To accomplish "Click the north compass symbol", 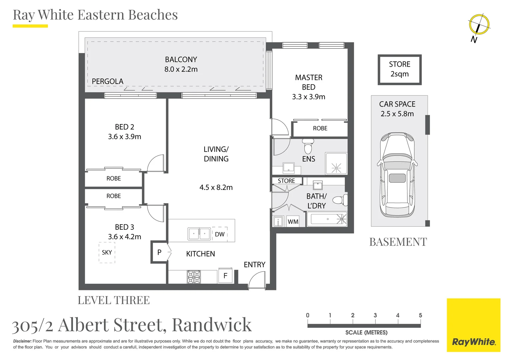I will (x=479, y=25).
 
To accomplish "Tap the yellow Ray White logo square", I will (x=473, y=325).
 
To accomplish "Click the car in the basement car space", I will (x=397, y=175).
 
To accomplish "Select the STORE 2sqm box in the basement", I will (x=399, y=69).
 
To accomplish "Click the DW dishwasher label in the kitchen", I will (x=220, y=234).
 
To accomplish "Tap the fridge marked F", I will (x=225, y=276).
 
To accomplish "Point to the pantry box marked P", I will (x=159, y=252).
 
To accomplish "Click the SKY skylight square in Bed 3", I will (x=107, y=253).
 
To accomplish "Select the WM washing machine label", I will (x=293, y=222).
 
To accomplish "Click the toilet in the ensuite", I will (x=308, y=145).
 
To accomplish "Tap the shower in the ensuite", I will (x=336, y=164).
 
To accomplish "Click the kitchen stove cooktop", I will (x=194, y=277).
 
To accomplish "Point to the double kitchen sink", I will (x=199, y=234).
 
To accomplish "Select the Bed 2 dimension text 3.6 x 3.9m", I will (x=125, y=137).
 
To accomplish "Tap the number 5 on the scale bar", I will (x=420, y=315).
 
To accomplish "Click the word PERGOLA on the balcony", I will (x=107, y=81).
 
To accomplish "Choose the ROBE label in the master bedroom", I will (x=320, y=128).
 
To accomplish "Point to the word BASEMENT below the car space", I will (x=398, y=242).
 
